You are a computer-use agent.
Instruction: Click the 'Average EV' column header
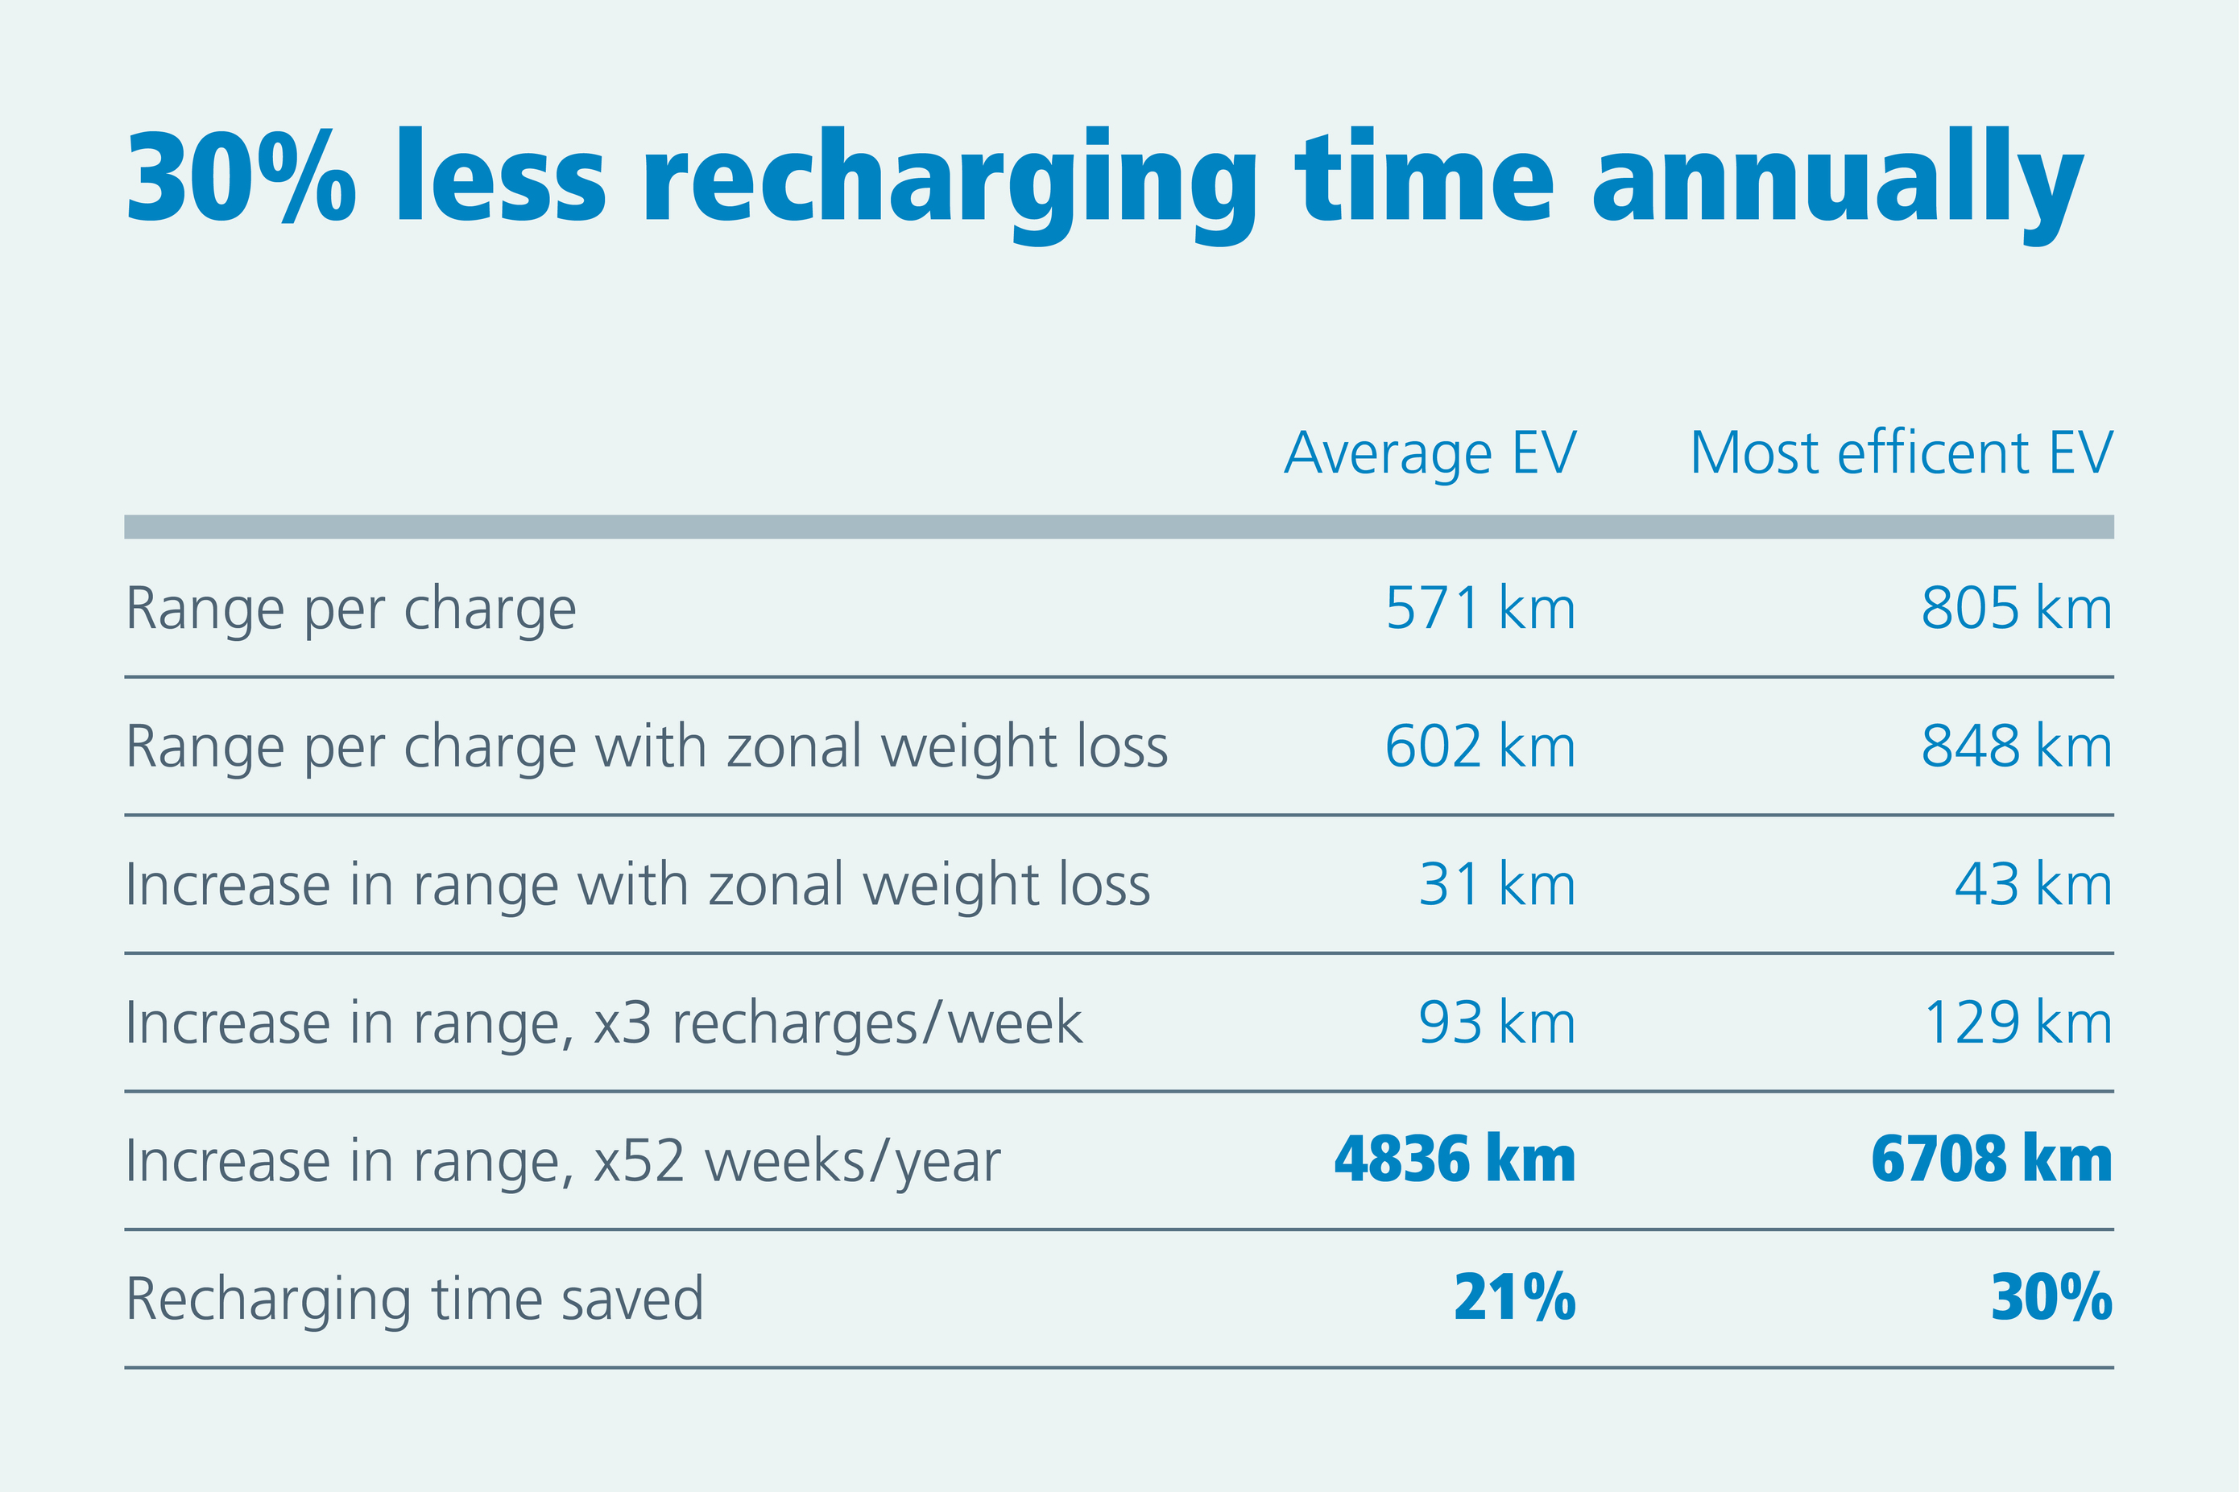point(1430,454)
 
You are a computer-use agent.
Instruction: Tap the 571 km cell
point(1480,609)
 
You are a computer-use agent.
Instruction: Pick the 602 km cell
point(1480,747)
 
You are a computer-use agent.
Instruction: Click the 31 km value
point(1496,885)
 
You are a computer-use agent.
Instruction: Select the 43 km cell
point(2033,885)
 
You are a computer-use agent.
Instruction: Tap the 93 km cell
point(1496,1023)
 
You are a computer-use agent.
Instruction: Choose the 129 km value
point(2018,1023)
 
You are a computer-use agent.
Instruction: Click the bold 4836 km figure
point(1454,1160)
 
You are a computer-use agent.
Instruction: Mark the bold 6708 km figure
point(1991,1160)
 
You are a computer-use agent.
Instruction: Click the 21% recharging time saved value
point(1514,1298)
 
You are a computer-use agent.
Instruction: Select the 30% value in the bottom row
point(2051,1298)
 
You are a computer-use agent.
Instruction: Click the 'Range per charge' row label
point(350,609)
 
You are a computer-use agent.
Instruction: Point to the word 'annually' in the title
point(1836,181)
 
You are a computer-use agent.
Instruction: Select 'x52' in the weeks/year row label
point(639,1162)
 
